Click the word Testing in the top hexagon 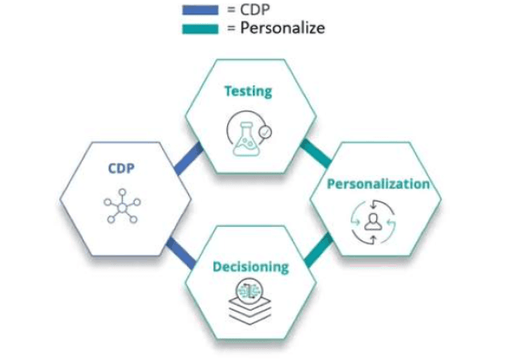(x=247, y=91)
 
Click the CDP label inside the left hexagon (x=121, y=169)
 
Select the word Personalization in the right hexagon (x=379, y=184)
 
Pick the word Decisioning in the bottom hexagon (x=250, y=266)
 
